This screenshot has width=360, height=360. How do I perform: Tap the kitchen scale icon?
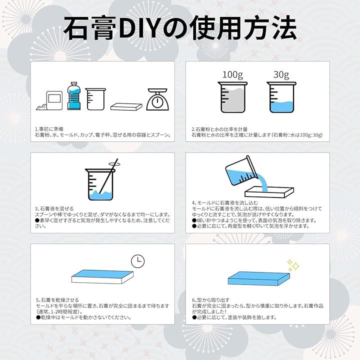[x=157, y=99]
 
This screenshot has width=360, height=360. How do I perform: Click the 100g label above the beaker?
[x=232, y=75]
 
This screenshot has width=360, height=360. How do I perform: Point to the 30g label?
[x=281, y=75]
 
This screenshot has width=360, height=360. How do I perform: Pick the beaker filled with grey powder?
[x=232, y=97]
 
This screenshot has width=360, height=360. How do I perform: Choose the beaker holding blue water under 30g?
[x=281, y=97]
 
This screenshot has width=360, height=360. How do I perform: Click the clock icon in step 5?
[x=138, y=261]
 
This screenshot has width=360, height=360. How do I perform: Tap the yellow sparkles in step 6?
[x=293, y=265]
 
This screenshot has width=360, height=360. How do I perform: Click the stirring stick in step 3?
[x=108, y=176]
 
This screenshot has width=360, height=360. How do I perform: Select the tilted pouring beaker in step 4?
[x=241, y=171]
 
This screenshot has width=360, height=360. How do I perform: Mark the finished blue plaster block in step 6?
[x=259, y=278]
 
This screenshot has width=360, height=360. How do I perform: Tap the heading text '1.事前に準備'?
[x=49, y=129]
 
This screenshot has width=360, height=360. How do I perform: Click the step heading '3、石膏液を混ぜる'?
[x=54, y=208]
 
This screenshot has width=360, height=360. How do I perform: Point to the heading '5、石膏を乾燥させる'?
[x=57, y=300]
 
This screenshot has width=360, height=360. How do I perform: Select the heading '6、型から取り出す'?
[x=211, y=300]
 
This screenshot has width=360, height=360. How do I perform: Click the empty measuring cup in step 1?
[x=95, y=99]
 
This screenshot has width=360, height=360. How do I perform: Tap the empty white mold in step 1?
[x=126, y=107]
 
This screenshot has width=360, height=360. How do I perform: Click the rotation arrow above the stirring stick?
[x=114, y=163]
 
